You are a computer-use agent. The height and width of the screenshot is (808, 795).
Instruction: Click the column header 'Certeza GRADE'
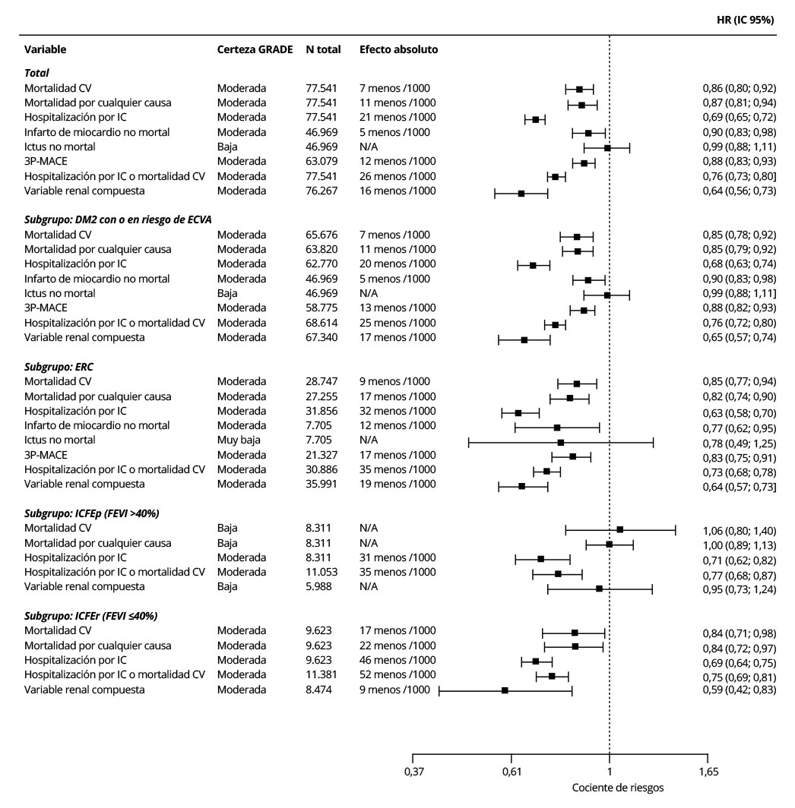pyautogui.click(x=255, y=49)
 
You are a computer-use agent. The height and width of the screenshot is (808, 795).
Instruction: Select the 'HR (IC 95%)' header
pyautogui.click(x=740, y=20)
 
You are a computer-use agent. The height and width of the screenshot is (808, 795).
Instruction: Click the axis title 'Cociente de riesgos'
pyautogui.click(x=618, y=787)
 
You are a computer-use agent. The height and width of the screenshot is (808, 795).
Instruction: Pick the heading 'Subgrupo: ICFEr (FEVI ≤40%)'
pyautogui.click(x=90, y=616)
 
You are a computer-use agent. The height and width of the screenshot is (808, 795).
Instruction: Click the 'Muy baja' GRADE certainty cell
pyautogui.click(x=237, y=440)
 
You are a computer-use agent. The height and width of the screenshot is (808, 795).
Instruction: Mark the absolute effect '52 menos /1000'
pyautogui.click(x=397, y=674)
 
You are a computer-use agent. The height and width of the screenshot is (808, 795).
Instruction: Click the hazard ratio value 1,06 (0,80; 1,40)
pyautogui.click(x=740, y=531)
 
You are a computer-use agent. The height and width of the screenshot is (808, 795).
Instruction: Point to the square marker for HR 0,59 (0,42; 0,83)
pyautogui.click(x=505, y=690)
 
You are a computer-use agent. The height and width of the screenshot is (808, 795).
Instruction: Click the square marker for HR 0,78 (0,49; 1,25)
pyautogui.click(x=561, y=442)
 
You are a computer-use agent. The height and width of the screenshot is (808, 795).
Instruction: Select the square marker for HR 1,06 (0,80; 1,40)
pyautogui.click(x=620, y=529)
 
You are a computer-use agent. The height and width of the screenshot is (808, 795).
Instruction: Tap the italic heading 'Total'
pyautogui.click(x=36, y=73)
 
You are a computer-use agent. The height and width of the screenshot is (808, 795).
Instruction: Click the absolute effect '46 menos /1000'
pyautogui.click(x=397, y=660)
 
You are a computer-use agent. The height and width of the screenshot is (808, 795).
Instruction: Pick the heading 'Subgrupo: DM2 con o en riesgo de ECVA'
pyautogui.click(x=118, y=219)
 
